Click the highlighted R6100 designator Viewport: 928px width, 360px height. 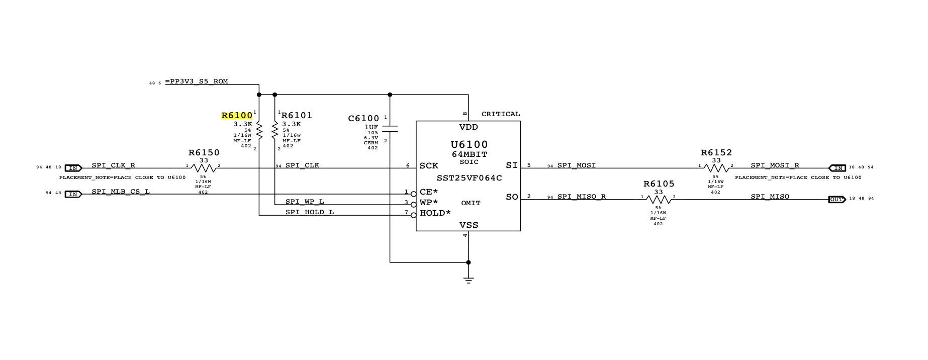(x=237, y=116)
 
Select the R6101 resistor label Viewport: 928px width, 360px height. (x=297, y=116)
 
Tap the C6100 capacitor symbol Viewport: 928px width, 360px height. (x=390, y=129)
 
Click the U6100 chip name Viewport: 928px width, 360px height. (x=469, y=145)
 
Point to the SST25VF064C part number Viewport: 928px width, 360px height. (x=469, y=178)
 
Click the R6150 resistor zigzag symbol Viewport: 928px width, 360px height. (x=204, y=168)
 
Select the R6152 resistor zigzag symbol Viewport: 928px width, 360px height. (x=716, y=168)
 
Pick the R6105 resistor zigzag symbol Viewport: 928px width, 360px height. (x=658, y=200)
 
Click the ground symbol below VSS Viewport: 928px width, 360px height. (x=469, y=280)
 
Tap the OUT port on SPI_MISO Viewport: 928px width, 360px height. (x=837, y=200)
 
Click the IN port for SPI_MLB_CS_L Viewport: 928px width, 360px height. (x=73, y=194)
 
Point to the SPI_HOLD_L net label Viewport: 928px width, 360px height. (x=310, y=212)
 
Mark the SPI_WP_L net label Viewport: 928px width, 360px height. (x=305, y=202)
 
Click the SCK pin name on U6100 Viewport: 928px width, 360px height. (x=429, y=166)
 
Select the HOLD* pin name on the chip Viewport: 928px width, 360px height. (x=435, y=213)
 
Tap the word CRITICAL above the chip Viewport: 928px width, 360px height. (x=501, y=114)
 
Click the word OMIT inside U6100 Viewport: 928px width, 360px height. (x=471, y=203)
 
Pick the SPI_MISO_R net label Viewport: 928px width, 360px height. (x=581, y=197)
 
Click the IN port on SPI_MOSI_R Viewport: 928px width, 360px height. (x=838, y=168)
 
